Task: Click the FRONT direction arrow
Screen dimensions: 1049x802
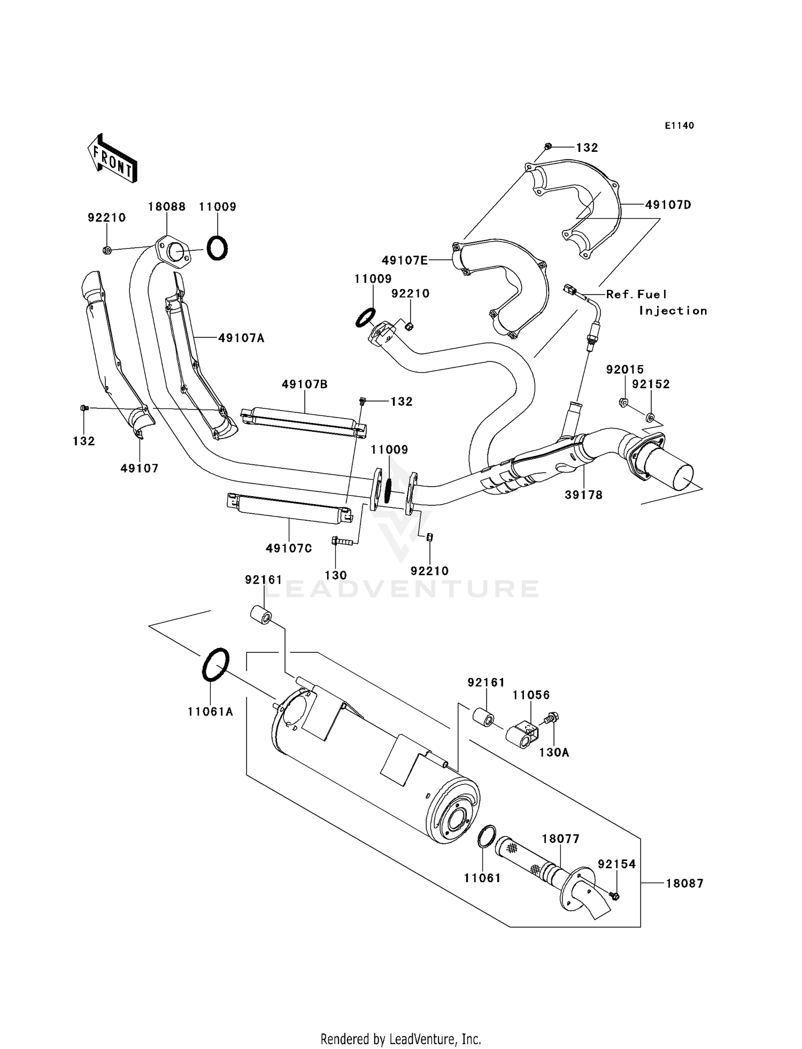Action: (x=112, y=159)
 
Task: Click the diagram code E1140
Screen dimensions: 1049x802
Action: (x=679, y=126)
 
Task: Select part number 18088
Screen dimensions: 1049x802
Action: (x=166, y=207)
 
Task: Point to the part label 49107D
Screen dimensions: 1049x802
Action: (x=668, y=205)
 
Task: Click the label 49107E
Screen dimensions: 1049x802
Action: (x=405, y=260)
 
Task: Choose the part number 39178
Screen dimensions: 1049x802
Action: (x=583, y=495)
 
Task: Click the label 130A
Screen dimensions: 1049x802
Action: (x=554, y=753)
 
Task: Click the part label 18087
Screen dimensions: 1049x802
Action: (x=684, y=884)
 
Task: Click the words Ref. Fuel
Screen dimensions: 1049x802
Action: (x=636, y=295)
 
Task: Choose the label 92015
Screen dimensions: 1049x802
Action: (x=624, y=369)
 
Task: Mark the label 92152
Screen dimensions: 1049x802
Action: (x=651, y=384)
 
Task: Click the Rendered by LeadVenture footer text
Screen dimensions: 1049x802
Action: (x=400, y=1039)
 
